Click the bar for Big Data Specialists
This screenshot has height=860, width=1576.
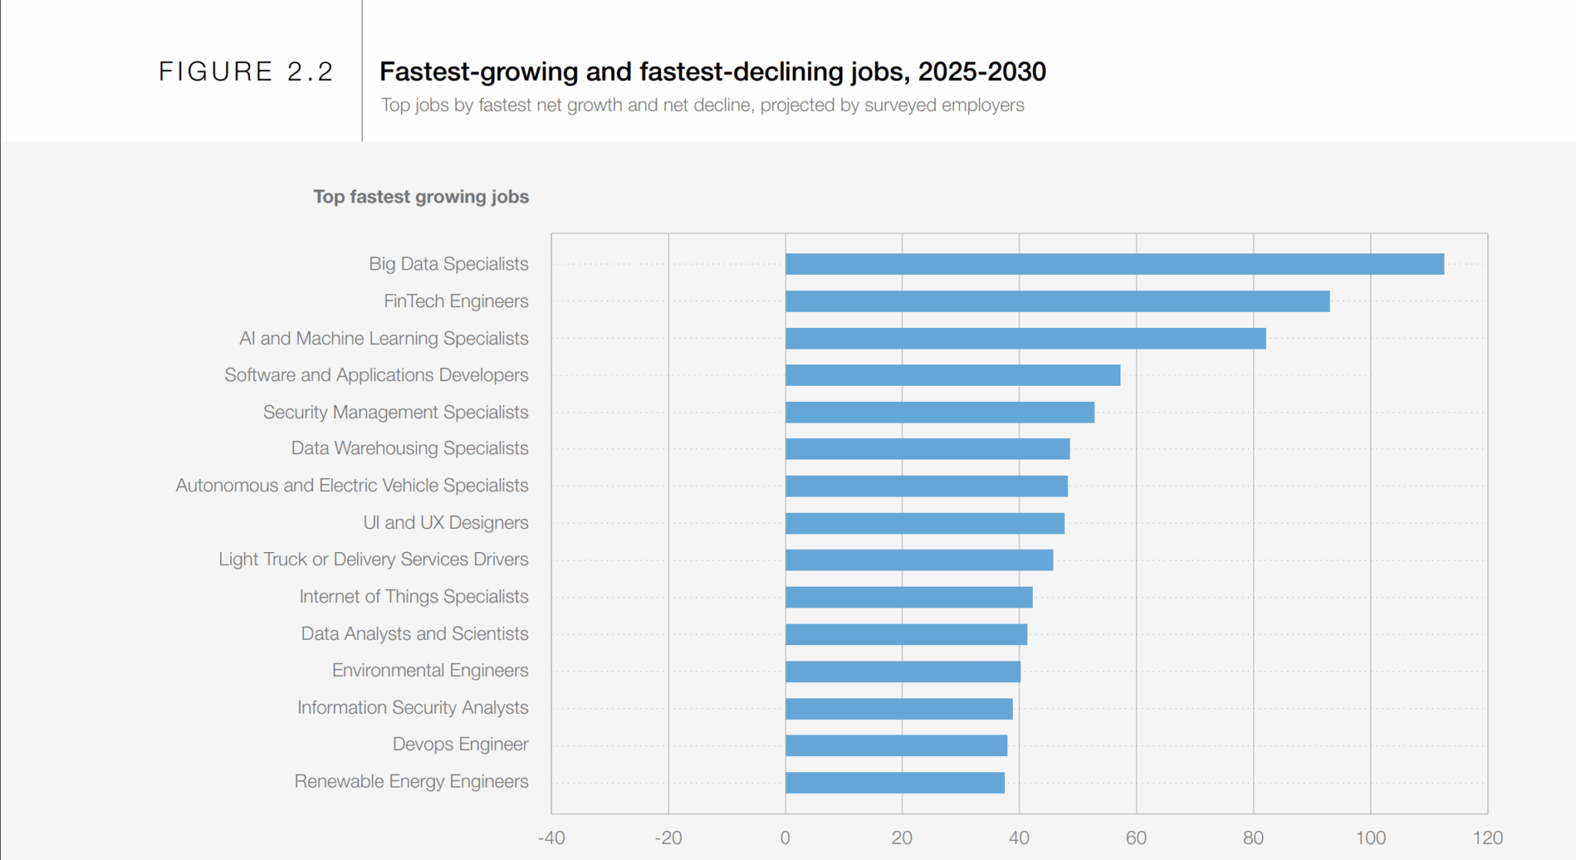pos(1114,264)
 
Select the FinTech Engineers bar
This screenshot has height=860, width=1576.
pos(1057,301)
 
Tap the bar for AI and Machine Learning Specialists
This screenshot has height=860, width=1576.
pos(1025,338)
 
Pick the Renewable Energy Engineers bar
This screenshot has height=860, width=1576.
pos(895,782)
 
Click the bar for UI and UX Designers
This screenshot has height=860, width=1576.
pos(925,524)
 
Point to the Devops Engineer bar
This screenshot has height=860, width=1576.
pos(897,745)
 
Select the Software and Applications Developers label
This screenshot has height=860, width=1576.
pos(376,375)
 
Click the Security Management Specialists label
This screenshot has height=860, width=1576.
pos(396,412)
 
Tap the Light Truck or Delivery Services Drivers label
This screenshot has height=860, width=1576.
pos(373,560)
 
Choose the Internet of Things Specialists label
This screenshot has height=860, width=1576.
pos(413,597)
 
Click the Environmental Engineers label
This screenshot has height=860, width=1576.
pos(430,671)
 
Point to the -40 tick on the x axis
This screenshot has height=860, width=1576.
pos(551,838)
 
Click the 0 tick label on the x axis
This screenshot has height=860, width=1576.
pos(785,838)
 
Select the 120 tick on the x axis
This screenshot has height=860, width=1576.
pos(1487,838)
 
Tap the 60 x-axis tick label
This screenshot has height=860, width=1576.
pos(1136,838)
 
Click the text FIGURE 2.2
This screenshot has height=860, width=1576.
pos(245,72)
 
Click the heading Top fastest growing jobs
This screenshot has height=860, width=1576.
pos(421,197)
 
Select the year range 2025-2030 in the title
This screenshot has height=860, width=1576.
pos(981,72)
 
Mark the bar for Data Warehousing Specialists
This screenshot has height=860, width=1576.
pos(927,449)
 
